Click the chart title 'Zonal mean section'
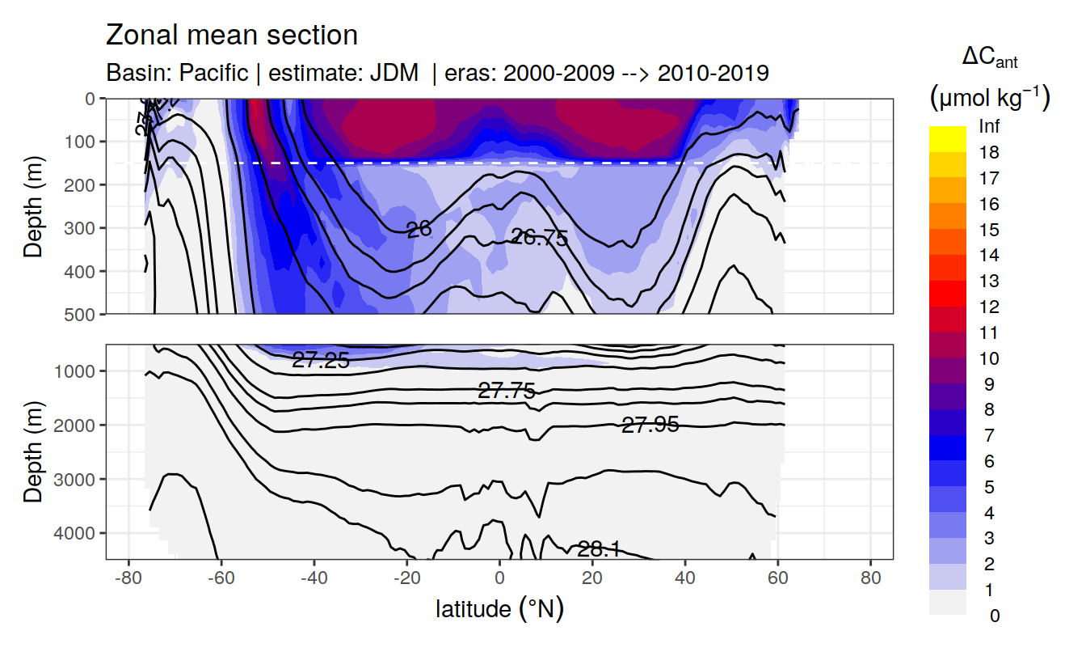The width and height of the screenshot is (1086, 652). (232, 36)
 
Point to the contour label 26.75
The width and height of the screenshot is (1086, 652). (539, 237)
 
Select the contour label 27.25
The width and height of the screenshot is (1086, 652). (321, 361)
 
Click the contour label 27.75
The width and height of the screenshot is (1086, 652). (507, 392)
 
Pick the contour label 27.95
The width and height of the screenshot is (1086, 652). (650, 424)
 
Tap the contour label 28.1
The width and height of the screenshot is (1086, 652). (599, 549)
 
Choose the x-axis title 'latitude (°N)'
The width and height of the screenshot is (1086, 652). (499, 608)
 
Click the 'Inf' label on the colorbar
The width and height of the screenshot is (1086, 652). (989, 127)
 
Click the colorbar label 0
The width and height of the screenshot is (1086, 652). (994, 616)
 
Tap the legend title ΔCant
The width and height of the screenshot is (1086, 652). (989, 58)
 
